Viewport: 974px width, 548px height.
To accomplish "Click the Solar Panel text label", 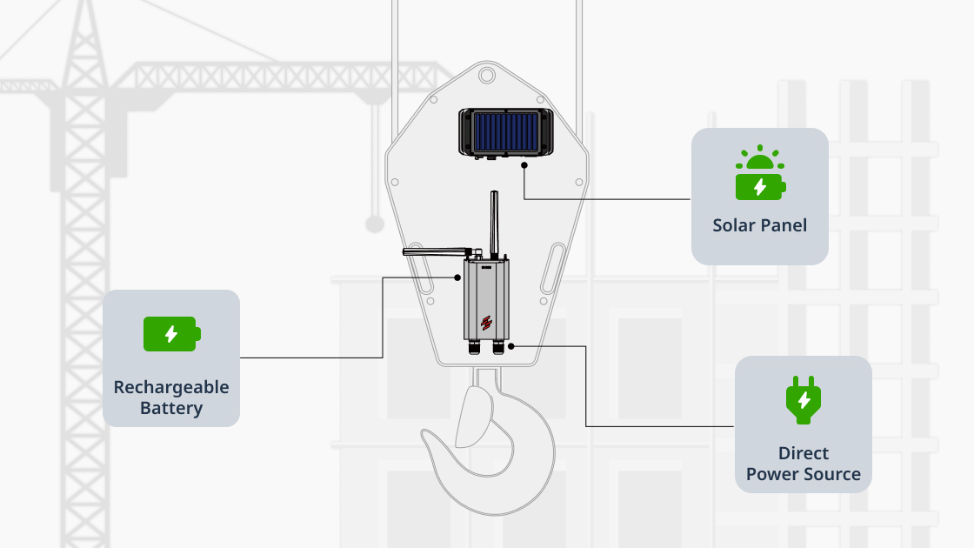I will (x=759, y=226).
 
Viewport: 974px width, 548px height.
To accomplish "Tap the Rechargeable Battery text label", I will (x=171, y=398).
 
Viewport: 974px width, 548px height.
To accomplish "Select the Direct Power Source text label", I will (x=803, y=464).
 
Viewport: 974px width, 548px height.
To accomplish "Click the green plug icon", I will (x=804, y=399).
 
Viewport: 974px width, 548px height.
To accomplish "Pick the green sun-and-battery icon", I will (x=760, y=173).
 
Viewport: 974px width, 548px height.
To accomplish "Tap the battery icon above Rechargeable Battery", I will (x=171, y=334).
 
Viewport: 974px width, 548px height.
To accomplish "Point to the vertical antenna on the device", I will (x=494, y=222).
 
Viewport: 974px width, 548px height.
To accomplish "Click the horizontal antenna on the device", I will (x=435, y=251).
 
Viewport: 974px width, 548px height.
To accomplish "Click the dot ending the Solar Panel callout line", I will (x=524, y=164).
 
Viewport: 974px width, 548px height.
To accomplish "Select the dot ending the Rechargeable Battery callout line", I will (x=457, y=277).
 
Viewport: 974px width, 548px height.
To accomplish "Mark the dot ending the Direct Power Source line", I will (x=511, y=345).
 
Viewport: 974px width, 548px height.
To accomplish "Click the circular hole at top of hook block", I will (x=487, y=76).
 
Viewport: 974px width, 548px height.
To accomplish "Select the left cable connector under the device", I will (x=475, y=348).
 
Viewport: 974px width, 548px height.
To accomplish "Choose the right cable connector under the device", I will (x=498, y=348).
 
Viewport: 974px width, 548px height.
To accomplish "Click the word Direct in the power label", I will (x=804, y=453).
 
